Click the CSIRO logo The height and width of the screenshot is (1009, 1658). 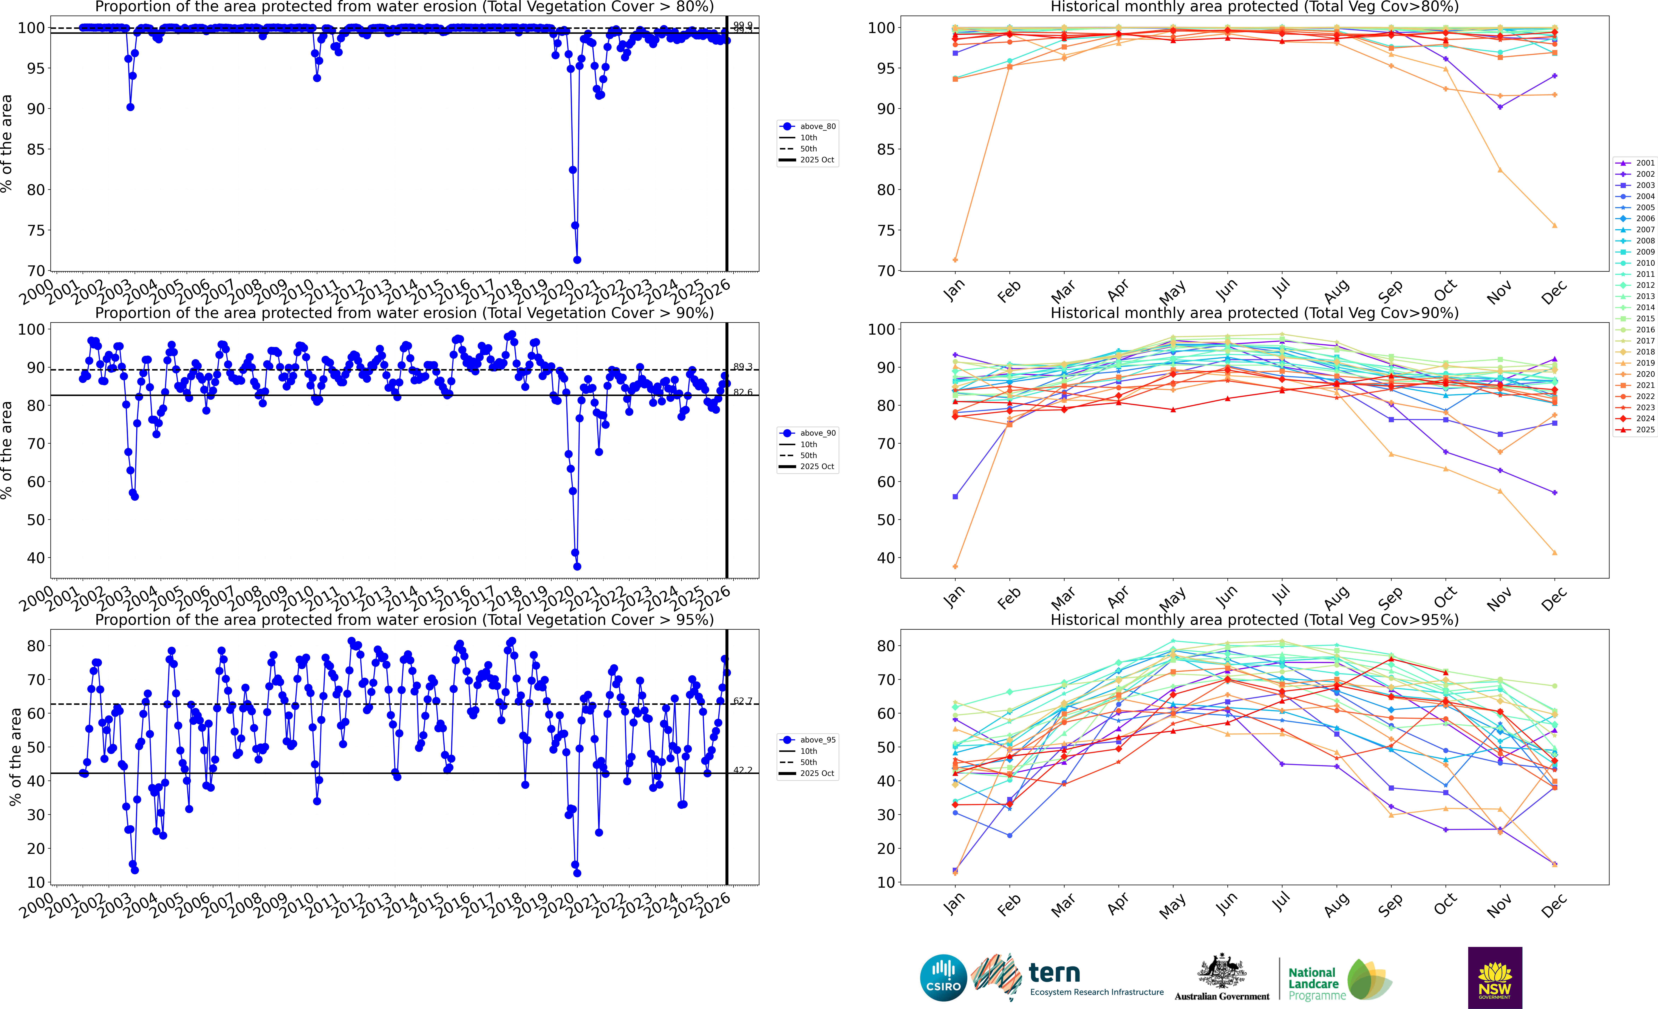tap(943, 977)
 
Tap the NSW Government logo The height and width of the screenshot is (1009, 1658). tap(1495, 977)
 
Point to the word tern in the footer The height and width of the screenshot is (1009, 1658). tap(1054, 973)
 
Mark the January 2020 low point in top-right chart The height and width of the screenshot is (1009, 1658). tap(956, 260)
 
